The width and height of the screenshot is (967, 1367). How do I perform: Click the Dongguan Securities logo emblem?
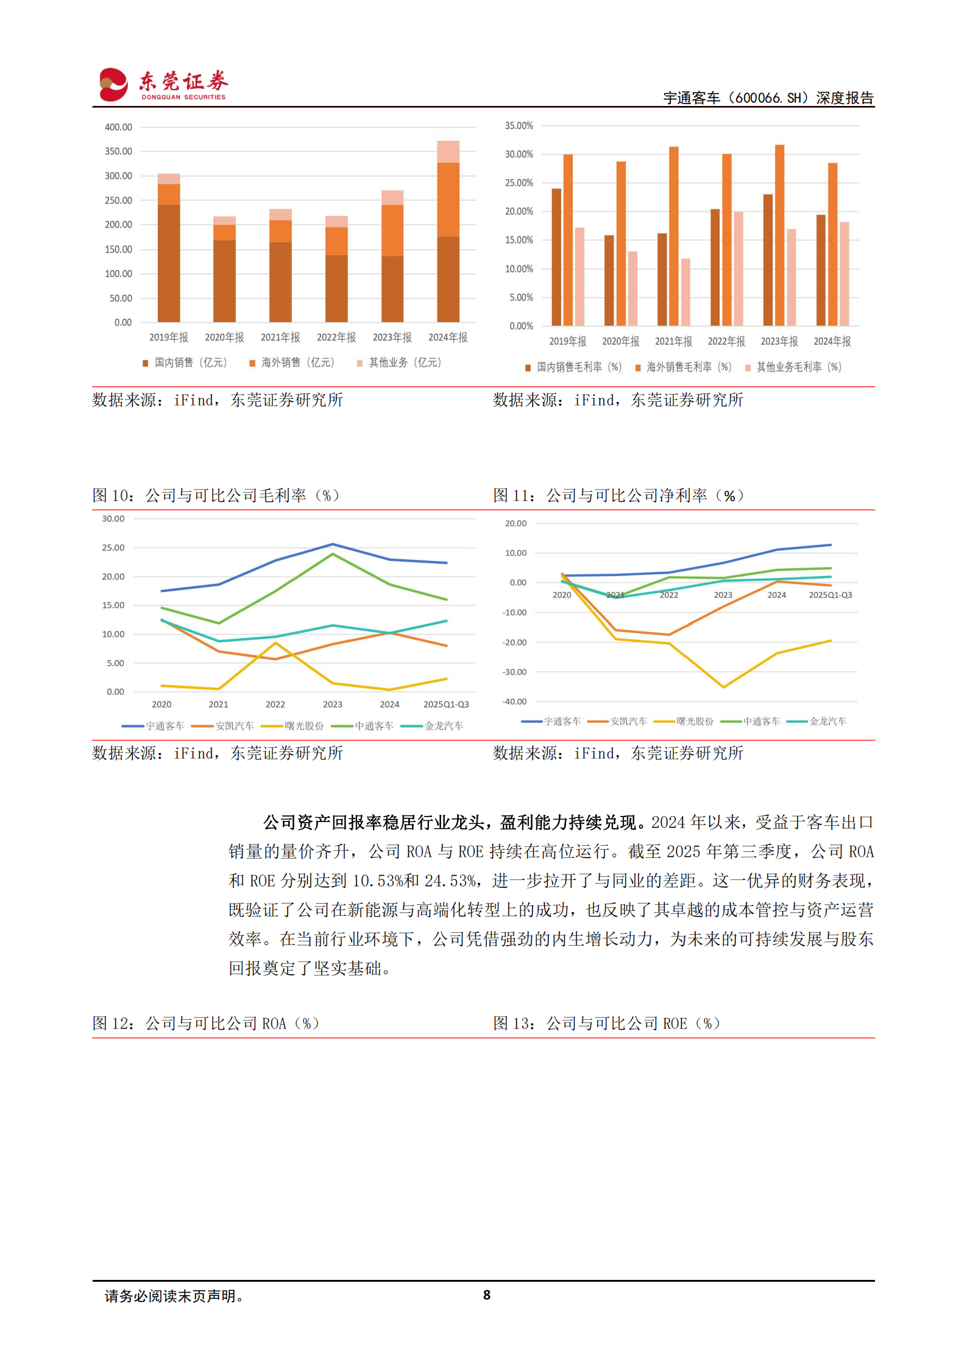click(x=113, y=85)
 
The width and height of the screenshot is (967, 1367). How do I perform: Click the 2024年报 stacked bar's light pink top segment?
click(x=448, y=152)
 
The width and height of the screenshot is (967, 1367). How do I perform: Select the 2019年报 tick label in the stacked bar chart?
click(x=169, y=337)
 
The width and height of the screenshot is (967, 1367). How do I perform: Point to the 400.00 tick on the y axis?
click(x=118, y=127)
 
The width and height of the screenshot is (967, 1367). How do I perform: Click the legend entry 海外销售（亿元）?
click(x=292, y=363)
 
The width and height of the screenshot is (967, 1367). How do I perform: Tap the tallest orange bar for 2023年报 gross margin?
click(x=779, y=234)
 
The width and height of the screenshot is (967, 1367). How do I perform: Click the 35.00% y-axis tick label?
click(x=519, y=126)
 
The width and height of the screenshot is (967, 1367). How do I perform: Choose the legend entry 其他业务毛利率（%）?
click(x=793, y=367)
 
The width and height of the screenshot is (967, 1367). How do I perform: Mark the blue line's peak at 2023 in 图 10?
click(x=333, y=544)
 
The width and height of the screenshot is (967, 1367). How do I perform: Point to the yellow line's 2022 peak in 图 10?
click(x=275, y=643)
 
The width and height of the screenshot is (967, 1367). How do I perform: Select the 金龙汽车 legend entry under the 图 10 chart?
click(x=433, y=726)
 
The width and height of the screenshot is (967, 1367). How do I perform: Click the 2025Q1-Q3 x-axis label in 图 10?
click(x=446, y=705)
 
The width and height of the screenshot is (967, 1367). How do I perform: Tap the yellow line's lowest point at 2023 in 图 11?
click(x=723, y=687)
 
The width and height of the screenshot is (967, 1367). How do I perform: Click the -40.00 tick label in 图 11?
click(x=514, y=701)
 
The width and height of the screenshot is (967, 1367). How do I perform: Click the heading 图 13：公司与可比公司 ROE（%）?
click(x=606, y=1024)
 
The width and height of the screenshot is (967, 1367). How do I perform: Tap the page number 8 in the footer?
click(x=486, y=1295)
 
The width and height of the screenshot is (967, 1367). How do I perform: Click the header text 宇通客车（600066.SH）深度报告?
click(x=768, y=98)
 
